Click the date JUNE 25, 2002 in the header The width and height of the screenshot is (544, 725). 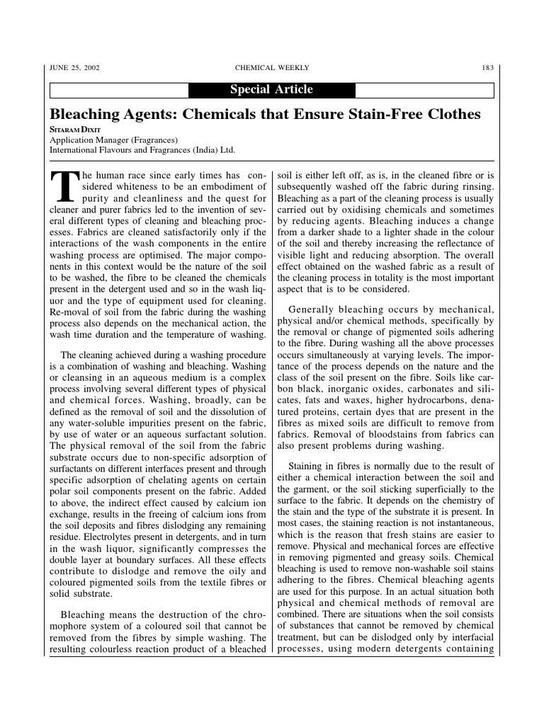(x=74, y=68)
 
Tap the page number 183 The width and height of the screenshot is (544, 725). (x=487, y=68)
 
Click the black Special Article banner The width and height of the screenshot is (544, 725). (x=271, y=90)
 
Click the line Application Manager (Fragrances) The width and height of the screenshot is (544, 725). (x=113, y=140)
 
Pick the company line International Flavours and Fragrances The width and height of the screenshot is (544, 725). (x=142, y=150)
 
